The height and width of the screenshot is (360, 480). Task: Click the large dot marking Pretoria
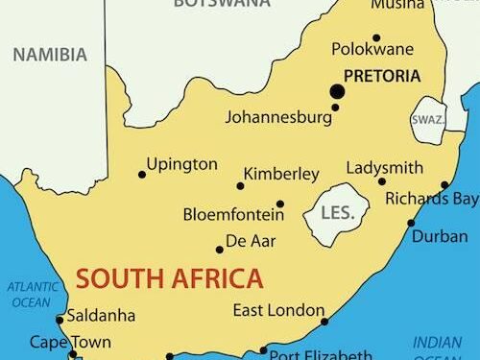337,91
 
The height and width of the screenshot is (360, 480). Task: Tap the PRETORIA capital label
380,76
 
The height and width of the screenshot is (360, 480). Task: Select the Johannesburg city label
277,119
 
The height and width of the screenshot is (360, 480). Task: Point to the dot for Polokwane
376,38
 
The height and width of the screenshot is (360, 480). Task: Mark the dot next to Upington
142,174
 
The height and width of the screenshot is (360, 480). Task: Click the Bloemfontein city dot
280,204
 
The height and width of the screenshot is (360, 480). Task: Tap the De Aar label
250,240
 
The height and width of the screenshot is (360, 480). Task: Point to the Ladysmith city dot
381,181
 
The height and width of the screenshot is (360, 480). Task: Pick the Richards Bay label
431,200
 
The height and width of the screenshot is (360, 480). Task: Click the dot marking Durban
411,223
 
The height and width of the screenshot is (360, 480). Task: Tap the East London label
275,310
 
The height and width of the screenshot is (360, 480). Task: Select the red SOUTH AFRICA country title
169,279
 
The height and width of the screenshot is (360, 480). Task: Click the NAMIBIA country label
48,55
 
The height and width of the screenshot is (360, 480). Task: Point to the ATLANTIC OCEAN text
30,294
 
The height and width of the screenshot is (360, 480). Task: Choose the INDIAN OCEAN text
437,349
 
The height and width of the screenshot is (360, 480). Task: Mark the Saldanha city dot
60,320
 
